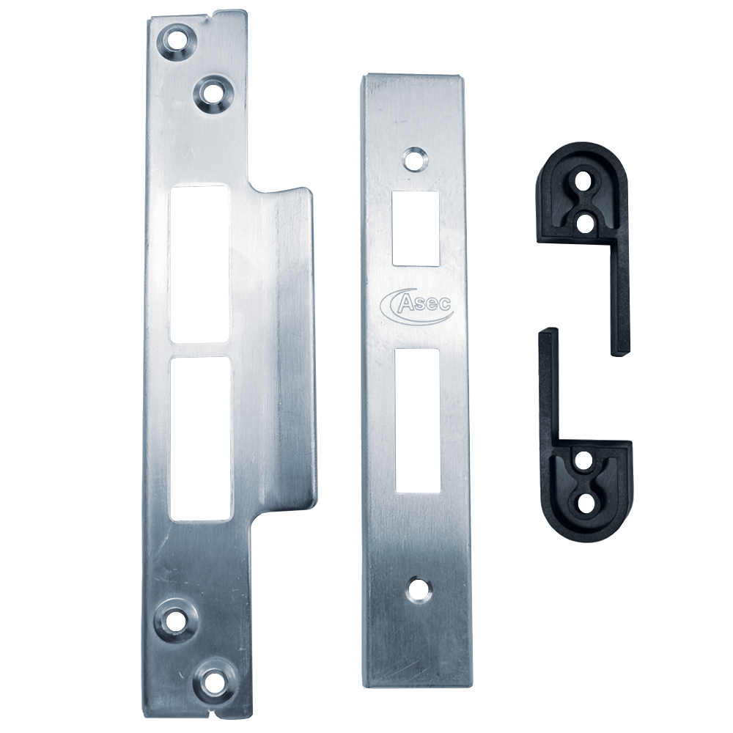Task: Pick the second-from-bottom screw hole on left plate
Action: pos(177,620)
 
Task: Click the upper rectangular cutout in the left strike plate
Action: pos(200,264)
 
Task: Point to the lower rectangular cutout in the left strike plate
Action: pos(201,439)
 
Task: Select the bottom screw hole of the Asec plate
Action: pos(418,589)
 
